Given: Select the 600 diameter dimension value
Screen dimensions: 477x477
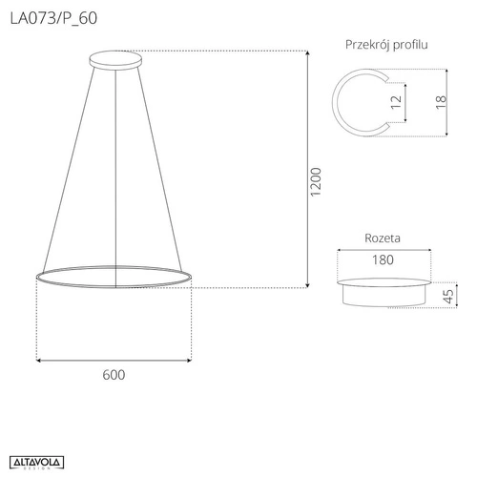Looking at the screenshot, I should click(x=113, y=375).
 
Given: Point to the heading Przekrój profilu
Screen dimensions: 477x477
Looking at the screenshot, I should click(x=385, y=45).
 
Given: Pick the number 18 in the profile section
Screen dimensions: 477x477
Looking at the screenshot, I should click(x=439, y=102).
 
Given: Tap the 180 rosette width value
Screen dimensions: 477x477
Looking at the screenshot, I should click(x=383, y=259).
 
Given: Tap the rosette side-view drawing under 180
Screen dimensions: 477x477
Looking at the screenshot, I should click(x=383, y=290).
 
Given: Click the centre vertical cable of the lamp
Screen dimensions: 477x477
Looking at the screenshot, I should click(x=114, y=172).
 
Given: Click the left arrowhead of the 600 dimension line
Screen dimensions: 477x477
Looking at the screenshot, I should click(x=39, y=360).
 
